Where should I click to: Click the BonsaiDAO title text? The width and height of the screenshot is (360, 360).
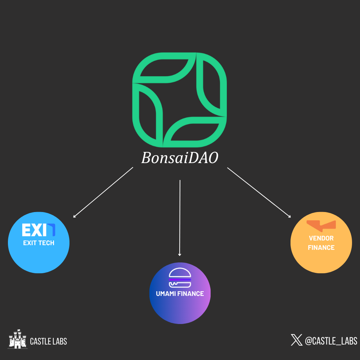[180, 158]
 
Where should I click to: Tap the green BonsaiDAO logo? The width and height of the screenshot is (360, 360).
[180, 100]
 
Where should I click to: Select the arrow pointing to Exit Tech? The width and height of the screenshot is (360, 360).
[103, 193]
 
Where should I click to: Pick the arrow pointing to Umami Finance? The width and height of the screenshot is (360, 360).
[180, 218]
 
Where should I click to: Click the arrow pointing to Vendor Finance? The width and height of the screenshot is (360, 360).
[259, 193]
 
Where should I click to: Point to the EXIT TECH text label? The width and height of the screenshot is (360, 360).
[39, 243]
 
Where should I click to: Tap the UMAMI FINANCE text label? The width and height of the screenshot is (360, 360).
[180, 294]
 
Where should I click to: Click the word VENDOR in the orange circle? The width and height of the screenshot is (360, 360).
[321, 238]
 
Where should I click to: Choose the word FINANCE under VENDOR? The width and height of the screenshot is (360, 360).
[321, 248]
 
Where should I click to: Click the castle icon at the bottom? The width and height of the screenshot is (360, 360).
[18, 339]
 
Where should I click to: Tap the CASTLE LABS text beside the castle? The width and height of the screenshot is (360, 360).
[48, 341]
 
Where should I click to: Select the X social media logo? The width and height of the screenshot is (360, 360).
[297, 340]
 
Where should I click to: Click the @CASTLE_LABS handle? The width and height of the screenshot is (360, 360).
[331, 341]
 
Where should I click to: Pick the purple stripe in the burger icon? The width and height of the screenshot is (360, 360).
[180, 279]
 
